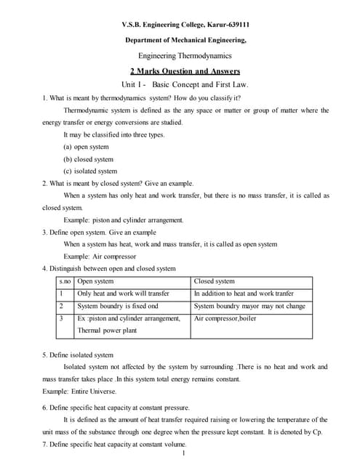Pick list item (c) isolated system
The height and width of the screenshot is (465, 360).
(90, 171)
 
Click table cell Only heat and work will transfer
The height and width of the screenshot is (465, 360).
(123, 294)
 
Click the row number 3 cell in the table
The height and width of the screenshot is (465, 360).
(63, 318)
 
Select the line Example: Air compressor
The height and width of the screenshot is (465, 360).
(97, 256)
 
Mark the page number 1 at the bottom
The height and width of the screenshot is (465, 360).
(185, 454)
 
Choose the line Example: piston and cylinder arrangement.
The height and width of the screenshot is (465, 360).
(124, 219)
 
